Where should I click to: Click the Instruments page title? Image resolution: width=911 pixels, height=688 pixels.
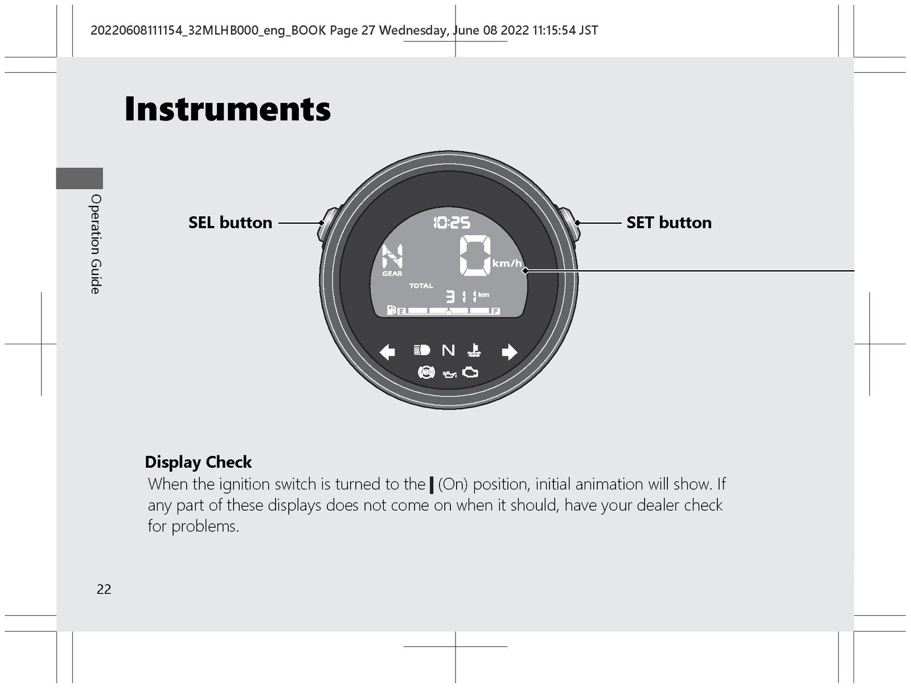click(227, 109)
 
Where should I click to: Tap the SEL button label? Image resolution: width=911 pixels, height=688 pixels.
click(231, 223)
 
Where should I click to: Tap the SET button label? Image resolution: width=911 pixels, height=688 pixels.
click(669, 223)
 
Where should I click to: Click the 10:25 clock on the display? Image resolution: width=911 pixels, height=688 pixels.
click(452, 223)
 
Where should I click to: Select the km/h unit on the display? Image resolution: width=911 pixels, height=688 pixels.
click(507, 263)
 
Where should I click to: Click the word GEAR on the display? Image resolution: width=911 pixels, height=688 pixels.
click(392, 274)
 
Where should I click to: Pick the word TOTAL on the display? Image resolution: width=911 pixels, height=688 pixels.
click(421, 286)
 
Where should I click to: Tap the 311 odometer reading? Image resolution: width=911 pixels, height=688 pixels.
click(461, 297)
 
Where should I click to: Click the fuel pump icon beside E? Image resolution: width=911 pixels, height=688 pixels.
click(391, 310)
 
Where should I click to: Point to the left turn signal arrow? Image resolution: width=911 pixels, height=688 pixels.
click(387, 352)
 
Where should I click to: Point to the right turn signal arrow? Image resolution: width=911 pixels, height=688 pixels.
click(509, 352)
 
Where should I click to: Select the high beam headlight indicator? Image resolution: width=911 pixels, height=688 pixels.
click(422, 351)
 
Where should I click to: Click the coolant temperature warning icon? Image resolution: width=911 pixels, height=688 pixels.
click(474, 351)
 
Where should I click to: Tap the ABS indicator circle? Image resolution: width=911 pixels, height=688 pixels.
click(426, 372)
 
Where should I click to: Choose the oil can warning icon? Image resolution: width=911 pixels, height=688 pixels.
click(449, 374)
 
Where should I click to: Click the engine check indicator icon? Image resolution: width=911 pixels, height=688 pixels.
click(470, 372)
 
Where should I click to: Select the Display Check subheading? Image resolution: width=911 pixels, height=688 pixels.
click(198, 462)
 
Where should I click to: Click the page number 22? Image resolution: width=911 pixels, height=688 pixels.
click(104, 590)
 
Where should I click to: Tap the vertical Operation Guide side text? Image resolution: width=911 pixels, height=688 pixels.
click(96, 244)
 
